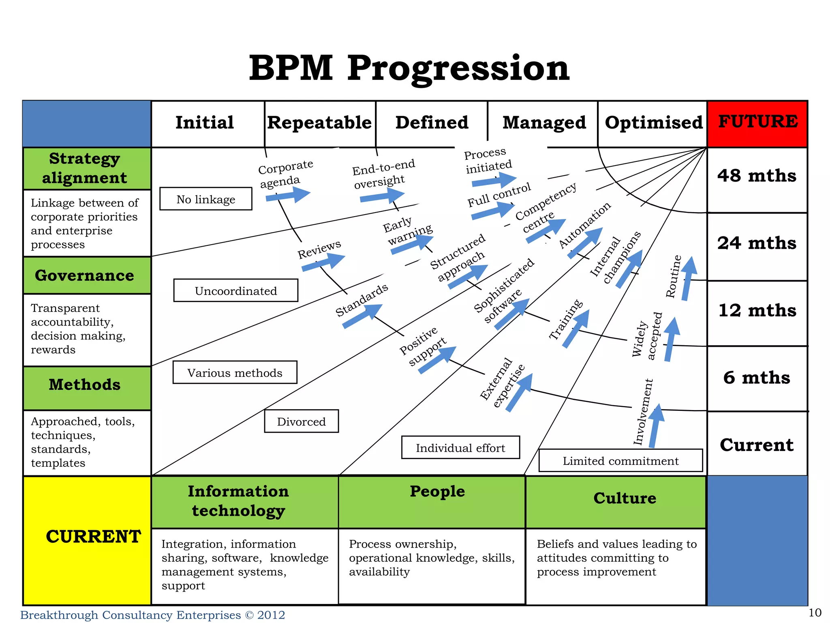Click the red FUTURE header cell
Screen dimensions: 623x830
coord(757,123)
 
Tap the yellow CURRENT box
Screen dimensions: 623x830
coord(87,540)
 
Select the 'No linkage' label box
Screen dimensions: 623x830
coord(205,199)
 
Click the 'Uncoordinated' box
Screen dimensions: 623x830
coord(235,290)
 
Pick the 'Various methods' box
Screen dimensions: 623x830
coord(235,372)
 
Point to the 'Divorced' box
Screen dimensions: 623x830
coord(301,421)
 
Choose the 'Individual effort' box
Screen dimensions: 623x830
coord(460,447)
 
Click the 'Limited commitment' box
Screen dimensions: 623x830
coord(620,460)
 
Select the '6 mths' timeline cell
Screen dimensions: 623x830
coord(757,378)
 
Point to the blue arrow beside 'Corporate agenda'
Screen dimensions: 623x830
coord(288,195)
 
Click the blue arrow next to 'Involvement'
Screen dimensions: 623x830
coord(656,425)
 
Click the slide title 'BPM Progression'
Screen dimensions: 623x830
coord(409,68)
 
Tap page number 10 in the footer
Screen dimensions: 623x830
coord(815,613)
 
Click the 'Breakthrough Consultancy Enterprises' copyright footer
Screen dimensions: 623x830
coord(152,615)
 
